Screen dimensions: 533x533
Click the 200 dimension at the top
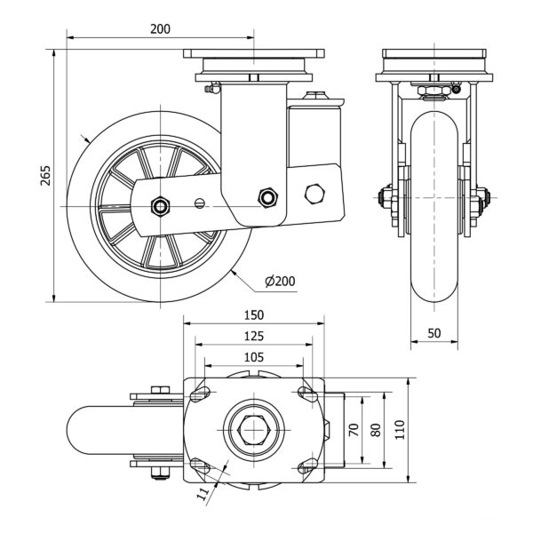point(160,28)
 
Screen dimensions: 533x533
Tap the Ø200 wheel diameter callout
point(280,282)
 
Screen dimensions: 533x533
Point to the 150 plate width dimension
point(253,315)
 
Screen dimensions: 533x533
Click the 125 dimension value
point(253,337)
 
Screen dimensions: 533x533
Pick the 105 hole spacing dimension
point(253,356)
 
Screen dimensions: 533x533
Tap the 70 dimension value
point(354,430)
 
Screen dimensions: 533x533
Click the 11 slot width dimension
point(203,489)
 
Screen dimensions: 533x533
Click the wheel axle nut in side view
point(160,206)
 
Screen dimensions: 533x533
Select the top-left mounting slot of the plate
point(201,394)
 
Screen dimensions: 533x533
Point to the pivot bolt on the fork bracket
point(267,196)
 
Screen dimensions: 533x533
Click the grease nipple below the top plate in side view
point(210,87)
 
